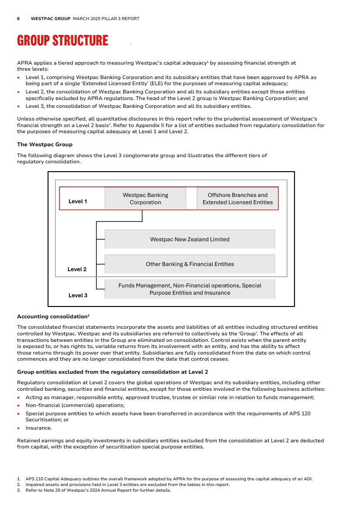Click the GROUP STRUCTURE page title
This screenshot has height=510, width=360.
(x=62, y=41)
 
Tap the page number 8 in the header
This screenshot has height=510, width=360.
(x=18, y=19)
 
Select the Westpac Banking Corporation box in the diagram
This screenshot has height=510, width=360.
(x=145, y=199)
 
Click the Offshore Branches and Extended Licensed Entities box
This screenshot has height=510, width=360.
(x=237, y=199)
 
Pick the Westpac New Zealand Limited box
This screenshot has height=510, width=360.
(x=190, y=239)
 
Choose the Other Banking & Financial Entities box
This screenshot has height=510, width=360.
(x=190, y=264)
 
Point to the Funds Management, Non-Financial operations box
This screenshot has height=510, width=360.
(x=190, y=289)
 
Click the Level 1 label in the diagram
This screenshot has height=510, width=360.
(x=78, y=201)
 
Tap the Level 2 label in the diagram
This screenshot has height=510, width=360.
(x=77, y=269)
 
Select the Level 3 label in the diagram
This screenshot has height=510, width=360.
(x=78, y=296)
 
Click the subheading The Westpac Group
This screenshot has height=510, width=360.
(x=45, y=145)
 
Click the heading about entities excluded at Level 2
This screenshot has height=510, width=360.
(x=112, y=372)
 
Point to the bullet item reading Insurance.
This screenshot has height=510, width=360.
(x=38, y=428)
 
